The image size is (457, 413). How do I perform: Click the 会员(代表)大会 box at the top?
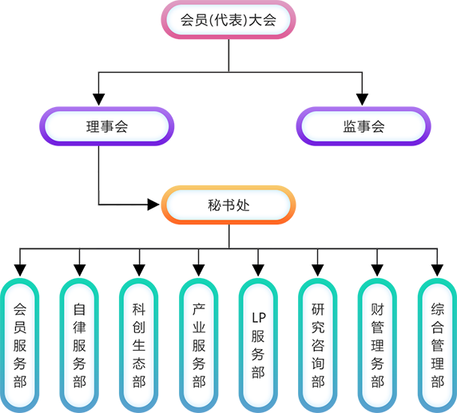(228, 20)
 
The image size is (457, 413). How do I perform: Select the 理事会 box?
(107, 126)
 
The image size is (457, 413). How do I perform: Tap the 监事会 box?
(364, 126)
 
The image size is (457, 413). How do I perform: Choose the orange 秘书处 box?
(228, 205)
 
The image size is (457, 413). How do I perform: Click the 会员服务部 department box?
(20, 345)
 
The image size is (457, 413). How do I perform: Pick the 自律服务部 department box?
(79, 345)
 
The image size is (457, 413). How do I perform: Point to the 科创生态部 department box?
(139, 345)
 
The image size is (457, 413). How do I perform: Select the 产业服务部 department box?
(199, 345)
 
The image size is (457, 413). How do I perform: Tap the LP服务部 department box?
(258, 345)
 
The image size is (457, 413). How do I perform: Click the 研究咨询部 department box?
(318, 345)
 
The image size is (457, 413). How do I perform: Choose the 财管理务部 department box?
(377, 345)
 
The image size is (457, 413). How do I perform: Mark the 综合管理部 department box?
(437, 345)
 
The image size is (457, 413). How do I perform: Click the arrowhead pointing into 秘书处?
(153, 205)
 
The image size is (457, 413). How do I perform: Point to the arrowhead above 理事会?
(98, 100)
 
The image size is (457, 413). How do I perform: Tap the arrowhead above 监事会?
(362, 100)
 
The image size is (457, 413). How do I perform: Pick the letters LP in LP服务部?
(259, 318)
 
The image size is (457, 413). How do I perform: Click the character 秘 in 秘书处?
(214, 205)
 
